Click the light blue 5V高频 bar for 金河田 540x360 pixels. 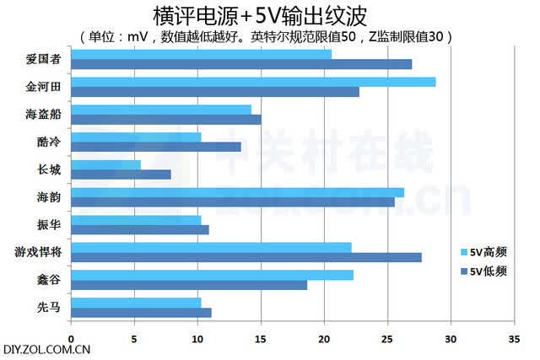[x=253, y=82]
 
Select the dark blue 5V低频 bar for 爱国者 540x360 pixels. [x=241, y=64]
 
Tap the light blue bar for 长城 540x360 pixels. [x=106, y=165]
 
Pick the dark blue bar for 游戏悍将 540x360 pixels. [x=246, y=257]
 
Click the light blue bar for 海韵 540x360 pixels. [x=238, y=193]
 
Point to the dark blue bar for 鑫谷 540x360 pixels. [x=189, y=285]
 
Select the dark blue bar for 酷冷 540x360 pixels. [x=156, y=148]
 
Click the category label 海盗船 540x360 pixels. [x=43, y=115]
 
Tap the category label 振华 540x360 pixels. [x=49, y=225]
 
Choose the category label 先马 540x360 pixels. [x=49, y=308]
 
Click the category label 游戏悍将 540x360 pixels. [x=38, y=252]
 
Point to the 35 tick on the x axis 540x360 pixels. [x=514, y=340]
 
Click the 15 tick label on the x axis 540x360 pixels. [x=261, y=340]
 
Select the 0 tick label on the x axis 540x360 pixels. [x=71, y=340]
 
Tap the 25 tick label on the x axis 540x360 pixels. [x=387, y=340]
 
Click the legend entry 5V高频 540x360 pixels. [x=483, y=252]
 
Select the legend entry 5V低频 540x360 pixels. [x=483, y=271]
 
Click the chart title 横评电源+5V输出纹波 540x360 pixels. [x=260, y=16]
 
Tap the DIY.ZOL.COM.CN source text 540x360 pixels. [x=47, y=350]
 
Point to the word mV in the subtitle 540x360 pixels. [x=137, y=37]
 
